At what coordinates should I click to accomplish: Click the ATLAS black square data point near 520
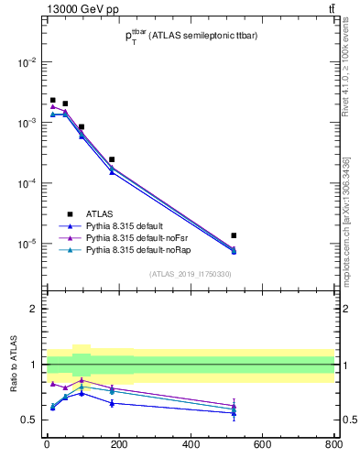tap(234, 235)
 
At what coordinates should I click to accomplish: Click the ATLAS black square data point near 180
tap(112, 159)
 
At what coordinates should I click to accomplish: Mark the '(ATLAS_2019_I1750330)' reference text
tap(191, 274)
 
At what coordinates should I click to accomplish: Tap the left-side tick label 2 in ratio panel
tap(34, 309)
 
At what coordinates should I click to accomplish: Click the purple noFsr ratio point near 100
tap(82, 380)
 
